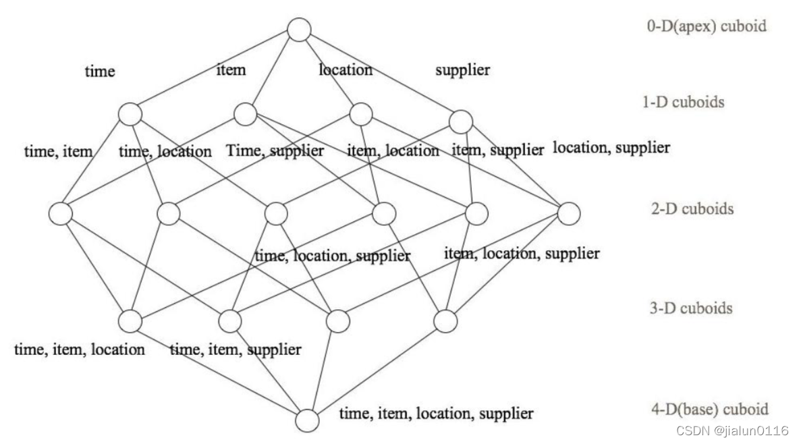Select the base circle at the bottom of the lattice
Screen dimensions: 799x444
(307, 420)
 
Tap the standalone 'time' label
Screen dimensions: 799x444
(99, 71)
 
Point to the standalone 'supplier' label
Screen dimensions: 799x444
(462, 70)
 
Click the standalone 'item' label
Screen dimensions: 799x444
(231, 69)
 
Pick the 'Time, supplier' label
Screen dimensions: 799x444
(275, 151)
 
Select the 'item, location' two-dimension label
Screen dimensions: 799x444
(393, 151)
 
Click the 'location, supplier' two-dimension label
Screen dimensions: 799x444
(611, 148)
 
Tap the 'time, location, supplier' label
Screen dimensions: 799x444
(332, 256)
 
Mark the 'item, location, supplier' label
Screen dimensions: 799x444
(522, 254)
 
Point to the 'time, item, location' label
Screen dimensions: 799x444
(80, 350)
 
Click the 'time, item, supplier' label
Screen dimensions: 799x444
(235, 350)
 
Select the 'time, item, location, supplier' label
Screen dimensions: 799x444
(436, 413)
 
